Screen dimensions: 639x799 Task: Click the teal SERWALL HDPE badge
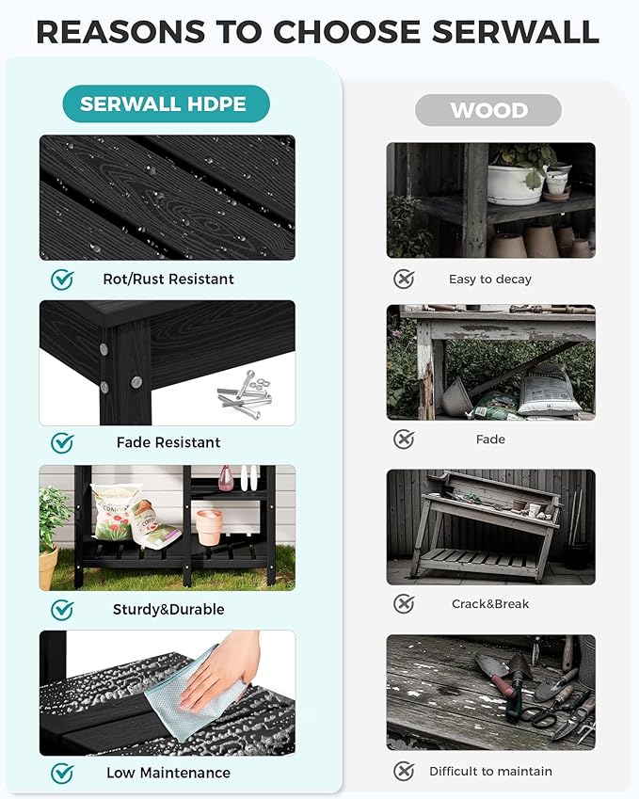click(167, 104)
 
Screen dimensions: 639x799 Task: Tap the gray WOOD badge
click(488, 110)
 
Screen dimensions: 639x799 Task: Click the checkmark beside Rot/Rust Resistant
click(62, 280)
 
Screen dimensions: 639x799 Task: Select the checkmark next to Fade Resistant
click(62, 442)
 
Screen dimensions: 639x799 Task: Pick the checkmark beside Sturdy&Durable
click(62, 610)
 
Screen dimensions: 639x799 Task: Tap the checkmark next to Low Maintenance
click(62, 773)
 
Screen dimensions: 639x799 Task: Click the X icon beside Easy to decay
click(404, 280)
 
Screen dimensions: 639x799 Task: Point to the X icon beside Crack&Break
click(404, 604)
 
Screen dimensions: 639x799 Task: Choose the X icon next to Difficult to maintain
click(404, 771)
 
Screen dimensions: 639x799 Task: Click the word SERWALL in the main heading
click(515, 32)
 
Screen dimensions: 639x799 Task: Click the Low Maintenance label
click(168, 773)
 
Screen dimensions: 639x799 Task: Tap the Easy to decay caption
click(490, 280)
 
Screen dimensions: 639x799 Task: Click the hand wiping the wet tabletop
click(219, 671)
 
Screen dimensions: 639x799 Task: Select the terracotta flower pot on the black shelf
click(209, 527)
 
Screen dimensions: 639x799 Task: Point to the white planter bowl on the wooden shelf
click(515, 184)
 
